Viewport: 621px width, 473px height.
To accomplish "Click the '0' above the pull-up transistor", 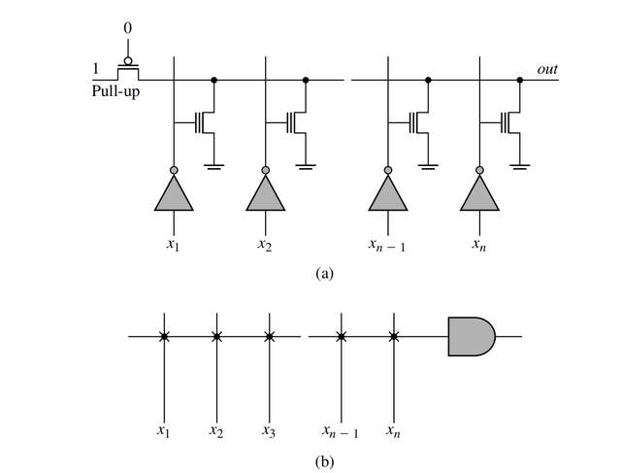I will click(x=127, y=28).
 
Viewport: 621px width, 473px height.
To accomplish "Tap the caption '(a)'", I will click(x=325, y=274).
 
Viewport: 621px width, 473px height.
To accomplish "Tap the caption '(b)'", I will click(x=325, y=460).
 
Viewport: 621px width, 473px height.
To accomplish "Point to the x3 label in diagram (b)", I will click(x=270, y=430).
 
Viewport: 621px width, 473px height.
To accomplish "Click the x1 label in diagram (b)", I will click(x=164, y=430).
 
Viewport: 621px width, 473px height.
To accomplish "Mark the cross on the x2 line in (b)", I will click(x=216, y=337).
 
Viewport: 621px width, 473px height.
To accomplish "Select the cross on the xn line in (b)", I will click(x=393, y=337).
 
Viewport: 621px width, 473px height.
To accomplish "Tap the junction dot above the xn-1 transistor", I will click(x=428, y=80).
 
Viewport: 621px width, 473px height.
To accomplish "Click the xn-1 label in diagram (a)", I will click(x=387, y=246).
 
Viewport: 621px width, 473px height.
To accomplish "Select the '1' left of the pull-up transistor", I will click(x=95, y=69).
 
